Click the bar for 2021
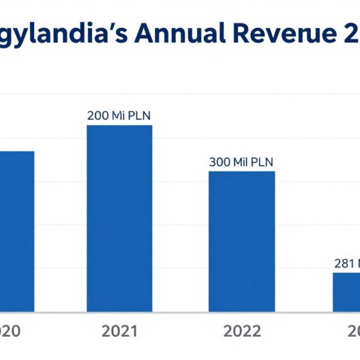pyautogui.click(x=119, y=218)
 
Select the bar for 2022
pyautogui.click(x=242, y=241)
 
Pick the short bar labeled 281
pyautogui.click(x=347, y=292)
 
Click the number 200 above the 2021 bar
pyautogui.click(x=98, y=116)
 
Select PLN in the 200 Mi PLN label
pyautogui.click(x=138, y=116)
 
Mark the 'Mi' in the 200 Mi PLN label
pyautogui.click(x=117, y=116)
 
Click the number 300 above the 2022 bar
pyautogui.click(x=220, y=162)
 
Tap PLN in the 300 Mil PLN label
pyautogui.click(x=262, y=162)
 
